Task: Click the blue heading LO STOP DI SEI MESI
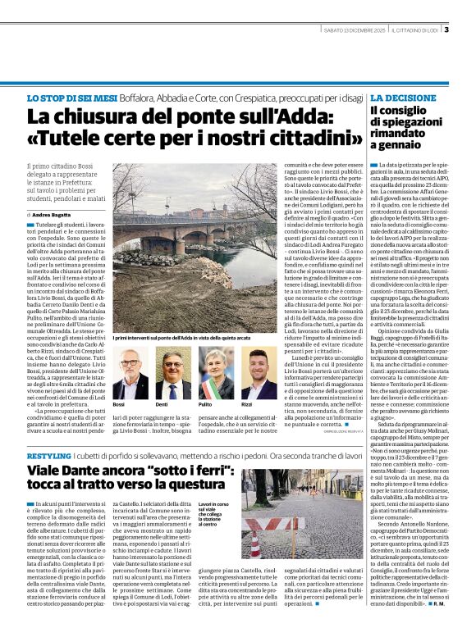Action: [71, 98]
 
